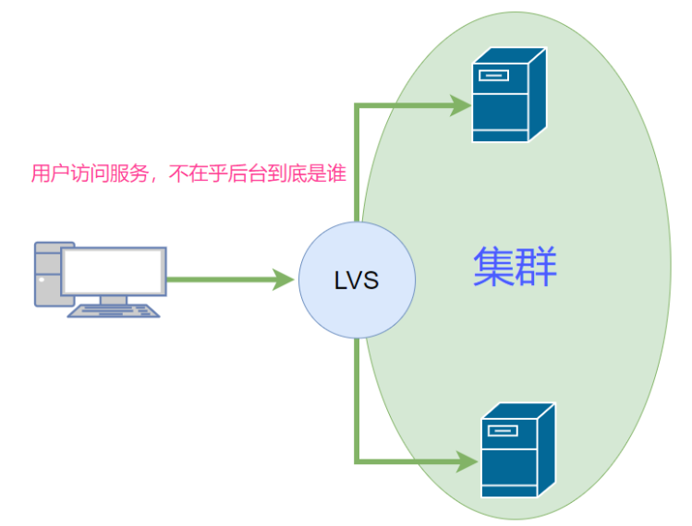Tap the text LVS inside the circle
click(357, 280)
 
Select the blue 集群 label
click(515, 268)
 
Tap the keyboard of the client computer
click(114, 311)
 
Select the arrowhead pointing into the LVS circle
click(285, 279)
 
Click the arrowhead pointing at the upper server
click(461, 105)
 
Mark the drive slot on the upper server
click(492, 74)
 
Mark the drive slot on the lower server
click(502, 429)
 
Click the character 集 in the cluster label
click(493, 268)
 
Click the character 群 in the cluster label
click(537, 268)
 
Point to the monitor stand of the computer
click(114, 300)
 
